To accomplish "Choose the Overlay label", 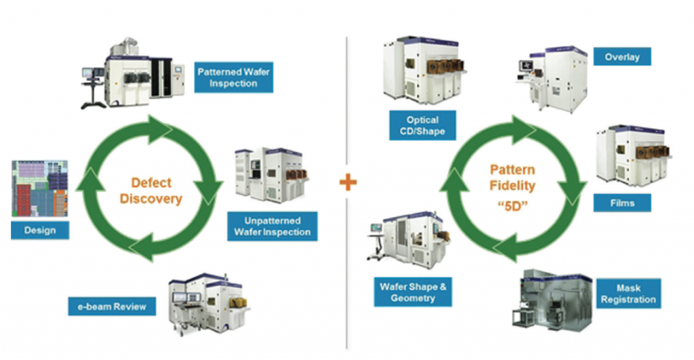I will click(622, 57).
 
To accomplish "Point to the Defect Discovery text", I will click(157, 191).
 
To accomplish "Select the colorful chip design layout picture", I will click(41, 189).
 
